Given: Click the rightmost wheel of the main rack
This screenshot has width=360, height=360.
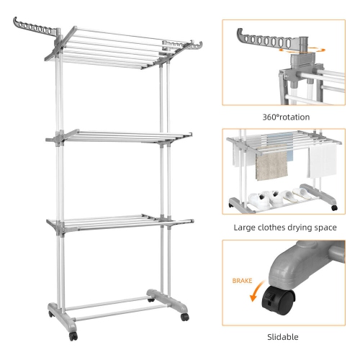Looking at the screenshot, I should point(184,318).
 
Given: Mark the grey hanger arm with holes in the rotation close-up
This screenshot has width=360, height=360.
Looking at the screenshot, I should point(264,35).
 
